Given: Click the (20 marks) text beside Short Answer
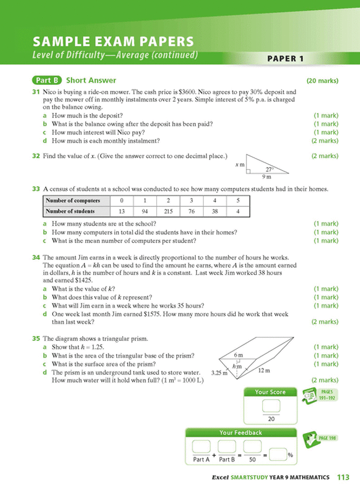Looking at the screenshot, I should point(322,81).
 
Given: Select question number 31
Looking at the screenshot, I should point(35,91).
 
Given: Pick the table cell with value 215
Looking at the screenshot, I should point(168,211).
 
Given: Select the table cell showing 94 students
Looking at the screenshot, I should point(145,211).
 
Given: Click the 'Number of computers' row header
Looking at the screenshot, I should point(73,200).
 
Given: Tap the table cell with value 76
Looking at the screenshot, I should point(191,211).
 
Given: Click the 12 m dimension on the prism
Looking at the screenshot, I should point(264,371).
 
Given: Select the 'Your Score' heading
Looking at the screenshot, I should point(270,392).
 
